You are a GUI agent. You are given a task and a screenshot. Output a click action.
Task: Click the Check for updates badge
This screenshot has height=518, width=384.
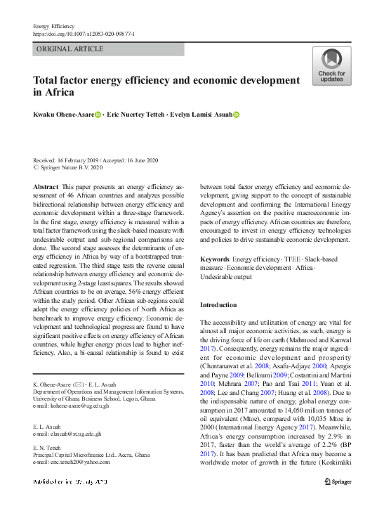331,66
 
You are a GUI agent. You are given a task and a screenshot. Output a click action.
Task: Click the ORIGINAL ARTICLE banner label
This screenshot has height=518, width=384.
69,49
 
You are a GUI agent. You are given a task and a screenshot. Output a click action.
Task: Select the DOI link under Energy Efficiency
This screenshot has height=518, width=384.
84,34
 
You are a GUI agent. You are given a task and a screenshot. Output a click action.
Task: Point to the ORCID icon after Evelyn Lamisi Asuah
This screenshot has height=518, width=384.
237,115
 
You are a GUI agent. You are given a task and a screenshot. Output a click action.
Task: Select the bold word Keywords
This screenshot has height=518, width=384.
215,259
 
